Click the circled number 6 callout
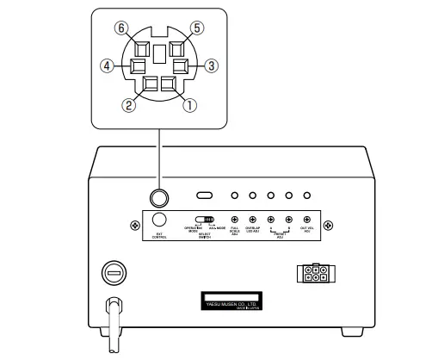[x=125, y=28]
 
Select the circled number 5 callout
[x=197, y=28]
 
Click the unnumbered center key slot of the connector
[x=160, y=53]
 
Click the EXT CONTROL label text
[x=159, y=236]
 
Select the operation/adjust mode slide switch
[x=204, y=220]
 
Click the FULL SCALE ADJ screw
[x=234, y=220]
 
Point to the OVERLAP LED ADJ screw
[x=255, y=220]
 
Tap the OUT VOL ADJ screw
[x=307, y=220]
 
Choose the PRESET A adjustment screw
[x=271, y=220]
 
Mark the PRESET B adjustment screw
[x=289, y=220]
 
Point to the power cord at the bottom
[x=112, y=327]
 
